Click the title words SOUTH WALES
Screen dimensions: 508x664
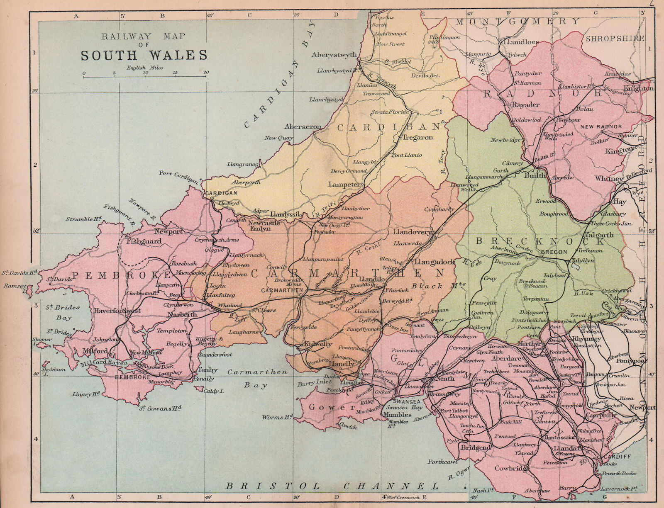click(x=144, y=56)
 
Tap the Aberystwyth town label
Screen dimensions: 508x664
click(x=334, y=55)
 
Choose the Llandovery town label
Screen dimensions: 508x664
click(x=413, y=232)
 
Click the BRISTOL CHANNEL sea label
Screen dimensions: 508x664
click(x=332, y=486)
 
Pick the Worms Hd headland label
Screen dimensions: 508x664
click(x=277, y=417)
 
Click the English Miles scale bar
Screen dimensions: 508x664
click(x=145, y=76)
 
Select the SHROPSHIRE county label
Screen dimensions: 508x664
click(x=615, y=39)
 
